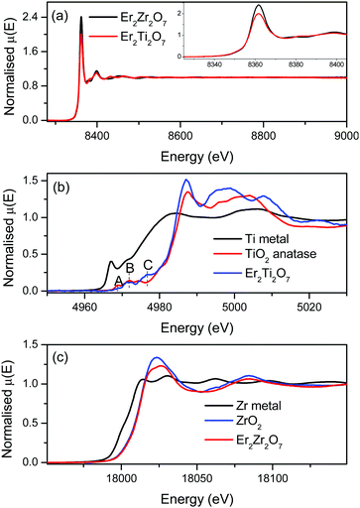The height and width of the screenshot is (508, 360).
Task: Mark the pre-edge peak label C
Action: tap(148, 264)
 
